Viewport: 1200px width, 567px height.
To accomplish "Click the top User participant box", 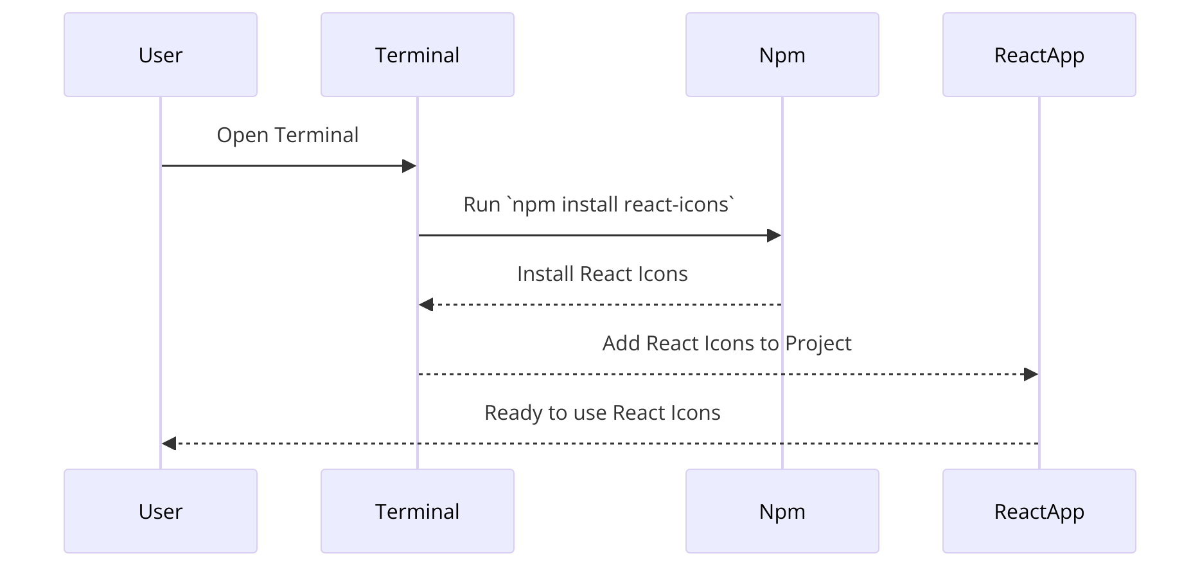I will tap(161, 55).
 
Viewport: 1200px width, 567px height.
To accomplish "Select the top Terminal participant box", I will tap(418, 55).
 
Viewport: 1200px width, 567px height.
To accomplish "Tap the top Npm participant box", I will tap(782, 55).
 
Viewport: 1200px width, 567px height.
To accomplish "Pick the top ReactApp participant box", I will tap(1039, 55).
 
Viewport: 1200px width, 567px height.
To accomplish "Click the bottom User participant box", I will tap(161, 511).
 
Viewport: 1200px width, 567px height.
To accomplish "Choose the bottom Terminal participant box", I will tap(418, 511).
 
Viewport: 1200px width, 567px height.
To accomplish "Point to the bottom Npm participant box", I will tap(782, 511).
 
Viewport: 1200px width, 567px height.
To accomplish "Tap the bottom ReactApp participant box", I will tap(1039, 511).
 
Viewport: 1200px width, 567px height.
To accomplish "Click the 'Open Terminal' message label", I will tap(287, 135).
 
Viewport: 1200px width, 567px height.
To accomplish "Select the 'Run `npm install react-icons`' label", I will tap(599, 204).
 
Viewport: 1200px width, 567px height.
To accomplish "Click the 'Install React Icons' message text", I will tap(602, 274).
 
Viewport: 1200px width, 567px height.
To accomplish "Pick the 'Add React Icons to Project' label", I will tap(727, 343).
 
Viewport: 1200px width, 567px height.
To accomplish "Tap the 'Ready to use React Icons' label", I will tap(602, 413).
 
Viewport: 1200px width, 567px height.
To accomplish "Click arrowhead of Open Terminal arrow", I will tap(409, 166).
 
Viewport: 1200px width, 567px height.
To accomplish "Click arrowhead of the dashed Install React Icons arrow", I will tap(426, 305).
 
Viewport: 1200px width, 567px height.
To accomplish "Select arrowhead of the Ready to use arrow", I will tap(169, 444).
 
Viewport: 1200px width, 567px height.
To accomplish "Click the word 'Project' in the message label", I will tap(818, 344).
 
